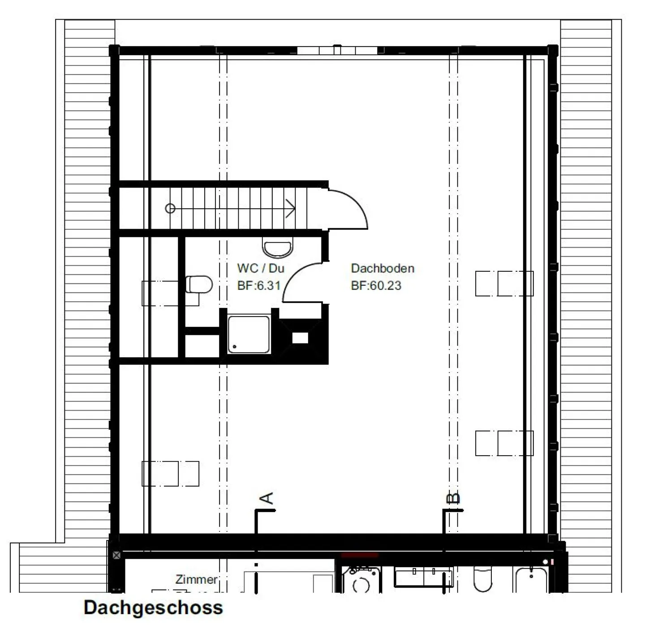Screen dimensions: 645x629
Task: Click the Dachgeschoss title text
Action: [153, 608]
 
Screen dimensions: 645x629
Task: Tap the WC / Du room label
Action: [261, 268]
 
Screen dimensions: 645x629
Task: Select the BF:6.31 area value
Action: [258, 285]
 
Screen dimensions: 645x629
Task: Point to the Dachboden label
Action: [383, 268]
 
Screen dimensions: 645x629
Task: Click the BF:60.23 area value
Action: [376, 285]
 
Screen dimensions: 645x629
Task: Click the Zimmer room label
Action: [196, 579]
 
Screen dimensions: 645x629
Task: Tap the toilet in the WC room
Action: [198, 284]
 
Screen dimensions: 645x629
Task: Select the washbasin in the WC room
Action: [278, 247]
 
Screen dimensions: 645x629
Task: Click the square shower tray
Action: [249, 334]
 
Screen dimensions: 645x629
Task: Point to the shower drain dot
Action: [235, 347]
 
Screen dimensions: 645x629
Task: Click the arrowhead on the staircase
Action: [291, 209]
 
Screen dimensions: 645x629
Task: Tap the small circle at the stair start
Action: [170, 209]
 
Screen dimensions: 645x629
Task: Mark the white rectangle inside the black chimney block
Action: [300, 338]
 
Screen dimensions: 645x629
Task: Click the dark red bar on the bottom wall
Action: [360, 555]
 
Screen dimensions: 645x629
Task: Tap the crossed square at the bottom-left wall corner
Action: [116, 555]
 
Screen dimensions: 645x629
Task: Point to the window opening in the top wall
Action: [337, 50]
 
